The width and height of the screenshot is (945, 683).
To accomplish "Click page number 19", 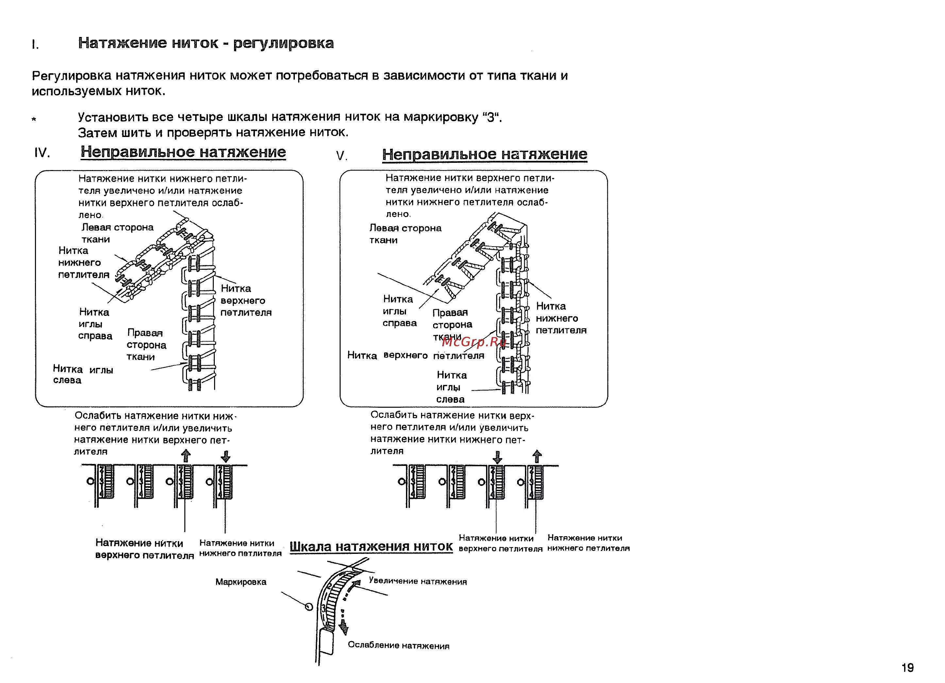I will pyautogui.click(x=907, y=668).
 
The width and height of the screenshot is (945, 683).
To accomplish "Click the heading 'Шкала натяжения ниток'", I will pyautogui.click(x=371, y=546).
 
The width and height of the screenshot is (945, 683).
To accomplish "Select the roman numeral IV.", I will pyautogui.click(x=42, y=153).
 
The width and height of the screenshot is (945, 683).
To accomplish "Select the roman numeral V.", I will pyautogui.click(x=341, y=156).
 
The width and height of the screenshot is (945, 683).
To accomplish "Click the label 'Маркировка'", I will pyautogui.click(x=241, y=582).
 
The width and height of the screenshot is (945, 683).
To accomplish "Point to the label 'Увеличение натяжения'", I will pyautogui.click(x=417, y=581).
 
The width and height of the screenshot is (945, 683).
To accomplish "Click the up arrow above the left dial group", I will pyautogui.click(x=186, y=455).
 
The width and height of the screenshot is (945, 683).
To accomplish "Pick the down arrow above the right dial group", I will pyautogui.click(x=497, y=457).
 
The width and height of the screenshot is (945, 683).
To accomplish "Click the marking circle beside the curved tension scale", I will pyautogui.click(x=309, y=606).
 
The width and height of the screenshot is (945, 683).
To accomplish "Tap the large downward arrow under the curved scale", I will pyautogui.click(x=344, y=627).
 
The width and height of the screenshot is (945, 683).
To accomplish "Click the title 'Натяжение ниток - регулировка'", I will pyautogui.click(x=206, y=43).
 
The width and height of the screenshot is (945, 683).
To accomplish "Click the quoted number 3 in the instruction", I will pyautogui.click(x=491, y=117).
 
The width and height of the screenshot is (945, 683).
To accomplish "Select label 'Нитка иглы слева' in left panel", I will pyautogui.click(x=83, y=374).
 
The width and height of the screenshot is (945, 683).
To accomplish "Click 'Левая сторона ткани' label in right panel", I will pyautogui.click(x=405, y=234).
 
